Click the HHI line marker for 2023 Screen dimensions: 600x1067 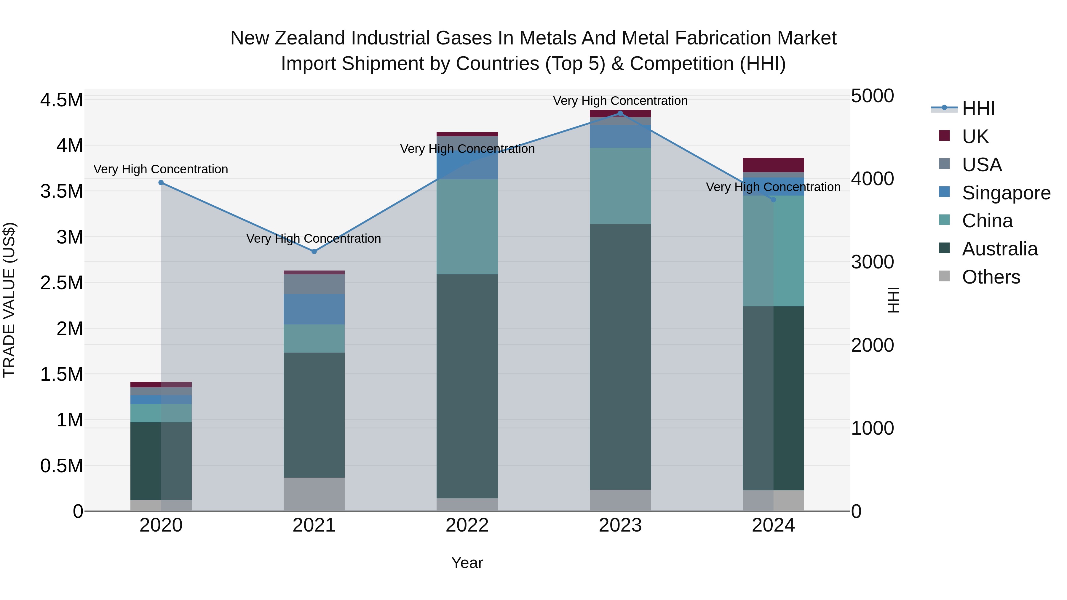point(620,113)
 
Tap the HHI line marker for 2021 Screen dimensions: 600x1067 point(314,251)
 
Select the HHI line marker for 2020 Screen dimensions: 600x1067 point(161,183)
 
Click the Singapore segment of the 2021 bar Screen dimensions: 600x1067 point(314,309)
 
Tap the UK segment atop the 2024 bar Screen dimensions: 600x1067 point(773,165)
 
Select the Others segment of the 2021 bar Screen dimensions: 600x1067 point(314,494)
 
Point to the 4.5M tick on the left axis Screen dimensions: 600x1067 point(61,100)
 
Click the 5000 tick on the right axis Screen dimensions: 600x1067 point(872,96)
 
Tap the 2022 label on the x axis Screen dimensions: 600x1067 point(467,525)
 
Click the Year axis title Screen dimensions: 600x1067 point(467,563)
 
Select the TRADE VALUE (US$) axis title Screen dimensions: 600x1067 point(9,300)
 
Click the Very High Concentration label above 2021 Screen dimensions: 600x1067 point(314,239)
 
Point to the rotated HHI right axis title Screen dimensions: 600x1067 point(894,300)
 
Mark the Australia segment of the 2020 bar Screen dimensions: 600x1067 point(161,461)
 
